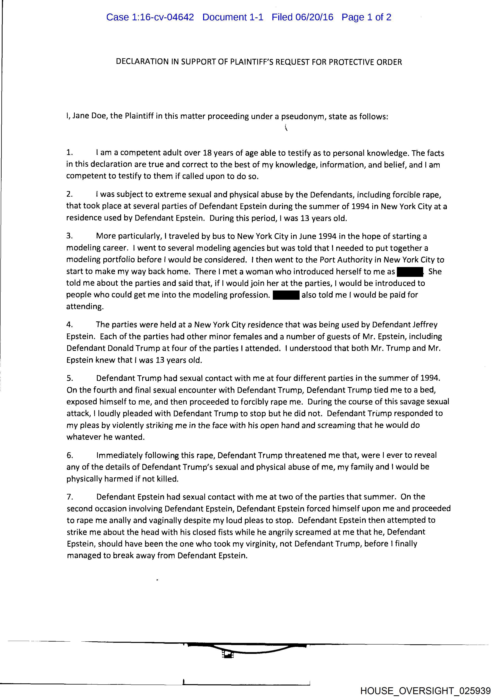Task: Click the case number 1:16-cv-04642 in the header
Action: pyautogui.click(x=163, y=17)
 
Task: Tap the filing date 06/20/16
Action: pyautogui.click(x=314, y=17)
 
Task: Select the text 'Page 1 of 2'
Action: pyautogui.click(x=366, y=17)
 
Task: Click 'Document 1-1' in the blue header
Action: pyautogui.click(x=233, y=17)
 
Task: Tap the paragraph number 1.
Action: pyautogui.click(x=70, y=152)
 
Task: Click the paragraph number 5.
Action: pyautogui.click(x=70, y=378)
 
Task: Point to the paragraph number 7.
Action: pyautogui.click(x=70, y=497)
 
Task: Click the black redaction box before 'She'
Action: pyautogui.click(x=410, y=271)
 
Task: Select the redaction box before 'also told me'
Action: pyautogui.click(x=286, y=295)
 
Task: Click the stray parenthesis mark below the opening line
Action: pyautogui.click(x=286, y=127)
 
